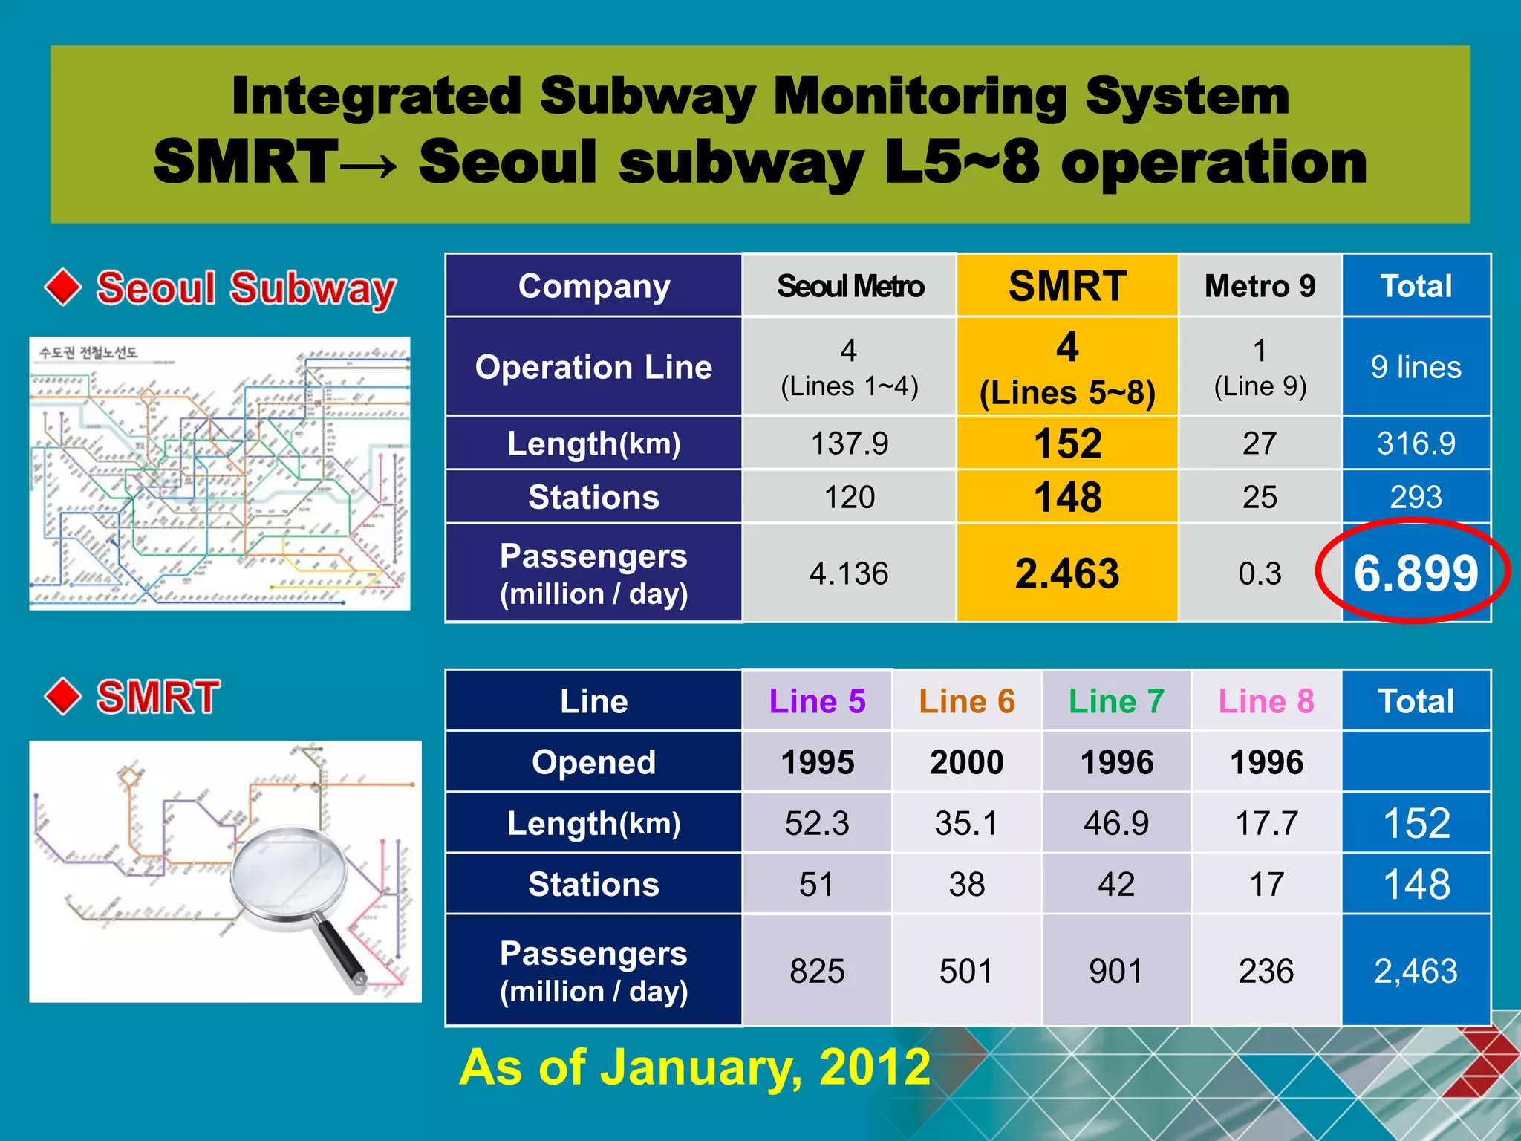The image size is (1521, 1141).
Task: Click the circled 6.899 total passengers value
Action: (x=1416, y=573)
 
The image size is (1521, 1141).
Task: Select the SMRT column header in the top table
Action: (x=1067, y=286)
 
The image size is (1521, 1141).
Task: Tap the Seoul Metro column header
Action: (x=850, y=286)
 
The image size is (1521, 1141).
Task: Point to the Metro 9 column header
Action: (x=1260, y=286)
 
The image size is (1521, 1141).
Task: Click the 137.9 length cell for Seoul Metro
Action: (x=850, y=443)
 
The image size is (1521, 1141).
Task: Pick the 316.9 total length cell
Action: (x=1416, y=443)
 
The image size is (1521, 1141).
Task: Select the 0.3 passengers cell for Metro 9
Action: (x=1260, y=573)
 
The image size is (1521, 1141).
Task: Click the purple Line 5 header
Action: (x=817, y=701)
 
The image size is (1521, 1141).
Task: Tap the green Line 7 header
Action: (x=1116, y=701)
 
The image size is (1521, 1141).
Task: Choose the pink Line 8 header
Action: (x=1266, y=701)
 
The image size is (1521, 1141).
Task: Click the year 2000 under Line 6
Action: (x=966, y=762)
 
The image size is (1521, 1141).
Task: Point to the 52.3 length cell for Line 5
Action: (x=817, y=823)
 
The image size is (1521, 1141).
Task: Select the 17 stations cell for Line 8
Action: (x=1266, y=884)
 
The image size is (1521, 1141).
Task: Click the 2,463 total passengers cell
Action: (x=1416, y=971)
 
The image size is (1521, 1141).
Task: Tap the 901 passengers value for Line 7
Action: (x=1116, y=971)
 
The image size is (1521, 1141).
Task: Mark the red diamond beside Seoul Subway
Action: (x=63, y=287)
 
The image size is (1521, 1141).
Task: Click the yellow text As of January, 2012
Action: (x=694, y=1067)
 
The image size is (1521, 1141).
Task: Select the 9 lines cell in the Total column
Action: (x=1416, y=367)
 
